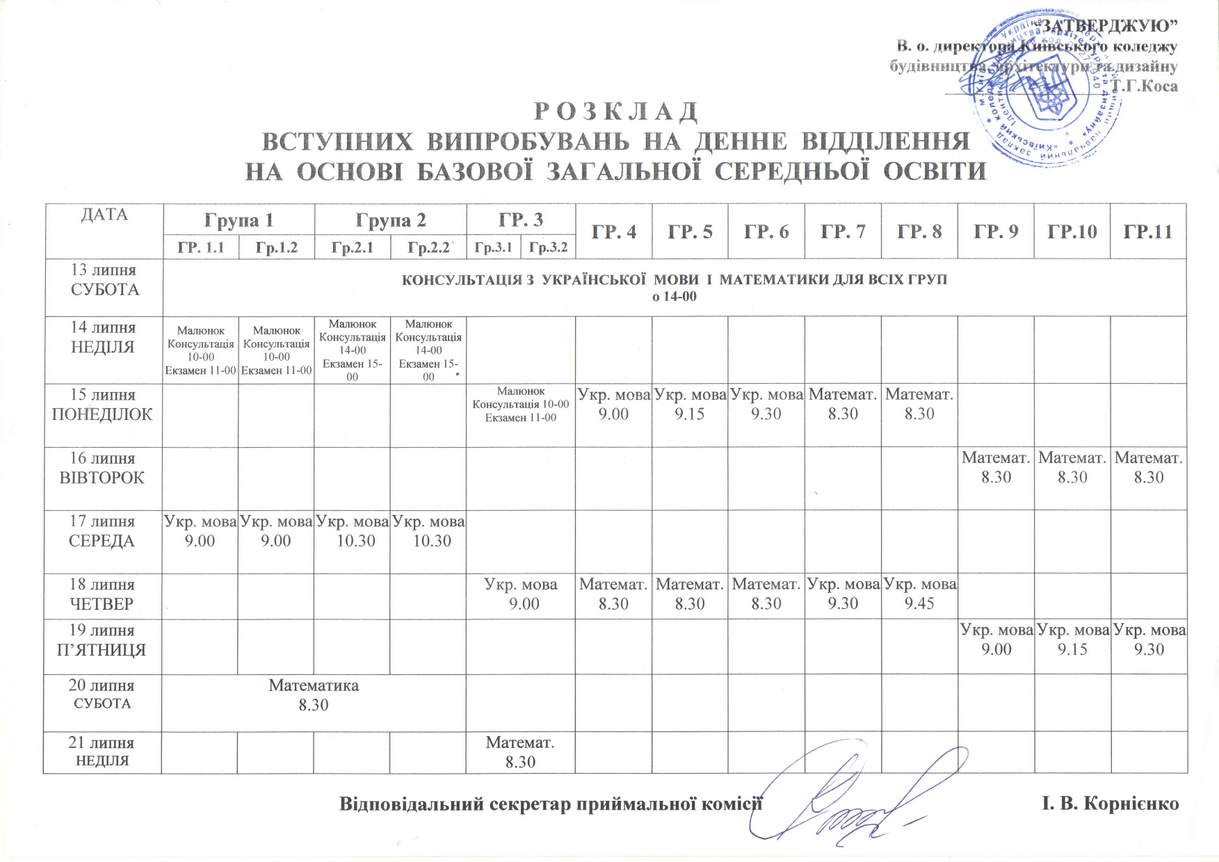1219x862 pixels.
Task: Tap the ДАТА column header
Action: click(x=104, y=215)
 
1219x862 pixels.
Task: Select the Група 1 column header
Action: click(x=239, y=220)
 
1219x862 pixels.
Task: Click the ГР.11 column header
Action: click(x=1148, y=231)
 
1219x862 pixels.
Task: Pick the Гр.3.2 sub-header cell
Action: click(x=548, y=247)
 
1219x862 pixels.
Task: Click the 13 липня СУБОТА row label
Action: click(x=104, y=280)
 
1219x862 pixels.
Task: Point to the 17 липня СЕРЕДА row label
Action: click(x=102, y=531)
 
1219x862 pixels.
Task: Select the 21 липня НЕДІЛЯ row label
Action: click(x=102, y=751)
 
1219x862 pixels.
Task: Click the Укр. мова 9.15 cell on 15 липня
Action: click(x=690, y=405)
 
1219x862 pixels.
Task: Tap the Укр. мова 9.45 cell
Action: click(x=919, y=594)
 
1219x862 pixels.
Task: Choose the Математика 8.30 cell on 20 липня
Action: click(x=314, y=695)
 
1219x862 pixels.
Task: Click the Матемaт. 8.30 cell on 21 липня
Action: click(x=520, y=751)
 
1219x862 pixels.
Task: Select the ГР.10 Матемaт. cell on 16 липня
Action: click(x=1072, y=467)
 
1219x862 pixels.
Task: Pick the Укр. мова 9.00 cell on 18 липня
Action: click(x=521, y=594)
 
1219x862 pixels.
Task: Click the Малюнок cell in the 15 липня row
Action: click(x=521, y=405)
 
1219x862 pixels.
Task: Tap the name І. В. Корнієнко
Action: click(x=1110, y=804)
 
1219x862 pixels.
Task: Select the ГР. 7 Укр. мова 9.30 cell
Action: click(x=843, y=594)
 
